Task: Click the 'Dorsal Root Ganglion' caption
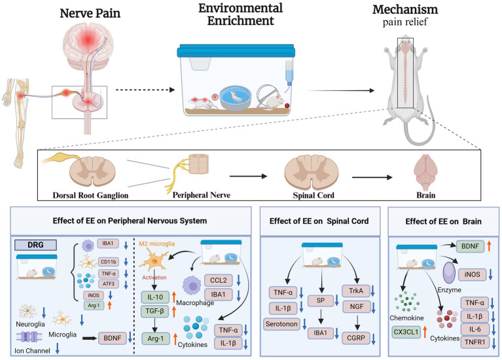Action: click(90, 194)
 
